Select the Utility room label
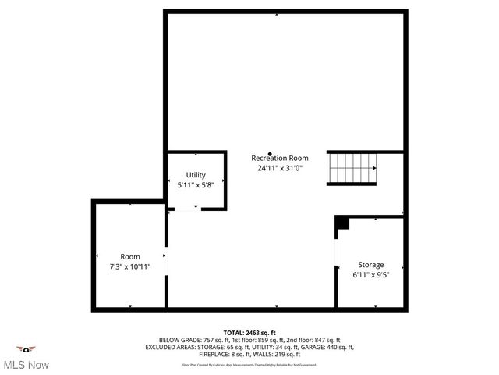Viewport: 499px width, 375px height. tap(196, 174)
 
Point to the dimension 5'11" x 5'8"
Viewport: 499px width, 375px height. tap(196, 184)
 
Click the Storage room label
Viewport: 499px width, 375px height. tap(370, 265)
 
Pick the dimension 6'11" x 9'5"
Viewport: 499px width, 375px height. tap(370, 275)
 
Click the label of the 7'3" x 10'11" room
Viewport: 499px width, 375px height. tap(130, 256)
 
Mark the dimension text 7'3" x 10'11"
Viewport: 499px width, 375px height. tap(130, 266)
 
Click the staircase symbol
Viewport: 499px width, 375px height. tap(352, 169)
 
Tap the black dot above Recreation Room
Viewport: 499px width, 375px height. tap(270, 153)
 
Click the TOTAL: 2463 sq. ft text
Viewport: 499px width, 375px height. tap(249, 333)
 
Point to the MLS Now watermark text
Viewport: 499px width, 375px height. tap(26, 365)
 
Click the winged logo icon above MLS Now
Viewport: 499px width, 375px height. tap(26, 348)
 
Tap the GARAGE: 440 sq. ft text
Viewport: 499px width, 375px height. tap(327, 347)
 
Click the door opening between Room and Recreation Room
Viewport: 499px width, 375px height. tap(166, 261)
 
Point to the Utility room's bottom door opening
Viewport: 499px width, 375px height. tap(186, 209)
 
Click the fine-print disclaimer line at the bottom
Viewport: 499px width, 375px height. tap(249, 364)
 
